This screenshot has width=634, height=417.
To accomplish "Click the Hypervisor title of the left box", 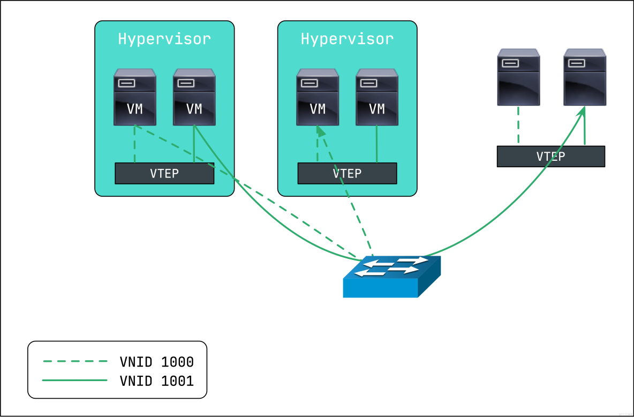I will [164, 39].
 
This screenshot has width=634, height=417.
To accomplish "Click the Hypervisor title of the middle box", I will [347, 39].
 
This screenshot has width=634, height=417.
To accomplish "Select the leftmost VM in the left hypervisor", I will [135, 98].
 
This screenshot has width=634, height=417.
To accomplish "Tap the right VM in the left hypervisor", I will [194, 98].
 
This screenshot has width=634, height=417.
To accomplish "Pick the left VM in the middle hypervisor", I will [318, 98].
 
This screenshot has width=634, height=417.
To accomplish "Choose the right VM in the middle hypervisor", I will [377, 98].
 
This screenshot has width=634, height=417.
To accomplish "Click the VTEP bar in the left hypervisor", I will [164, 174].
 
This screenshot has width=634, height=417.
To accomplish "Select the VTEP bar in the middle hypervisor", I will [347, 174].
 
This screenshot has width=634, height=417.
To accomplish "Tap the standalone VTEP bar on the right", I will [550, 157].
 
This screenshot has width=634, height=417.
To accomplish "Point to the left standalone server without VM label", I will [518, 77].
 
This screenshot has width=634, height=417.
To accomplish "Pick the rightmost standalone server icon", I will [585, 77].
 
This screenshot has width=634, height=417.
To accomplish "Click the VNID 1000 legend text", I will [156, 362].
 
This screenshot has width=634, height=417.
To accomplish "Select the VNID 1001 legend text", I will [156, 381].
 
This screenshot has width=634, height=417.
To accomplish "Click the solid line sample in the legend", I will [75, 381].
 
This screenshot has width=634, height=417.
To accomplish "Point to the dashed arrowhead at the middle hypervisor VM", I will [320, 131].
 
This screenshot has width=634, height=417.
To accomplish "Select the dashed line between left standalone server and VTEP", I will [518, 125].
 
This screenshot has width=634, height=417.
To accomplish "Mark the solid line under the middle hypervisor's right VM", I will [377, 144].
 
